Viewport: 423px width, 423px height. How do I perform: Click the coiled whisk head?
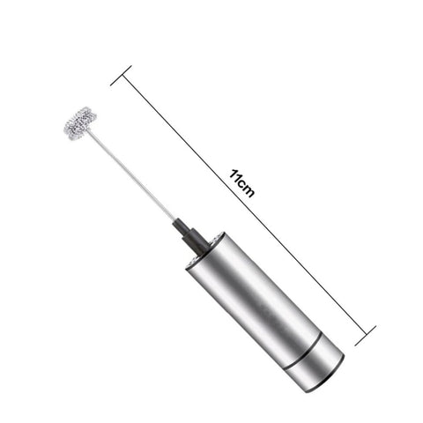81,123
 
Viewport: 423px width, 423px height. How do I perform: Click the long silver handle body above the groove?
258,297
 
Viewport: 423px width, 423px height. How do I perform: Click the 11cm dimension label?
241,182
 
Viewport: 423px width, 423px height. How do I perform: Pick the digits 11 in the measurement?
235,175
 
